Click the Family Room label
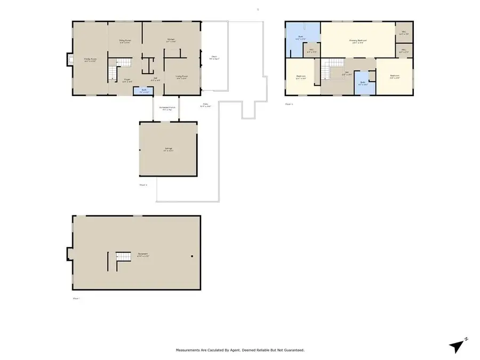(90, 60)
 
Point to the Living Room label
(182, 77)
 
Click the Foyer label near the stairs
(113, 81)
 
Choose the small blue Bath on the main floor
(142, 91)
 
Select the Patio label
(205, 105)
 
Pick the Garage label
(168, 149)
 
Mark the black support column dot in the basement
(191, 257)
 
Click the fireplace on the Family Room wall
(69, 60)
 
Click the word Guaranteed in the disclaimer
(293, 350)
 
